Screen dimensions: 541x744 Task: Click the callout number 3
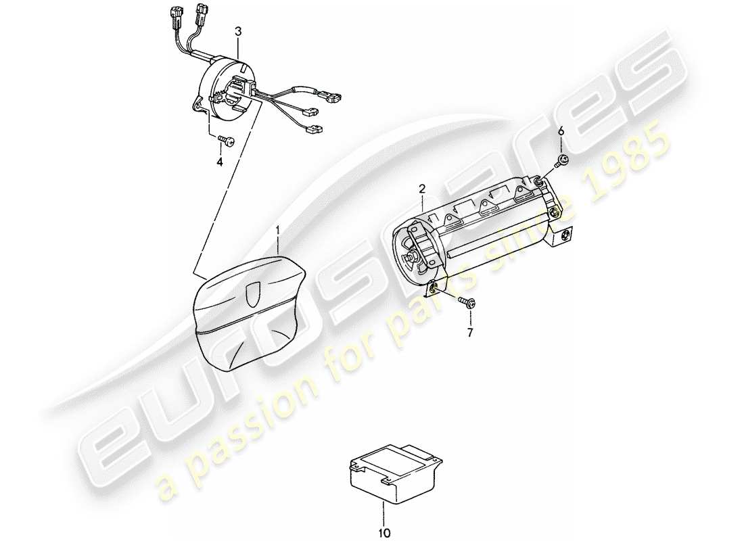237,31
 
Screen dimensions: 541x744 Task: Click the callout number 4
220,162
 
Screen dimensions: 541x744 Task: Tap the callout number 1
277,231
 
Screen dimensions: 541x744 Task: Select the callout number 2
421,188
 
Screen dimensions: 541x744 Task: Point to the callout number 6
561,131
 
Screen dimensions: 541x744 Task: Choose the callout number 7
470,333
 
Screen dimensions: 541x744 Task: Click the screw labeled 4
227,141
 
